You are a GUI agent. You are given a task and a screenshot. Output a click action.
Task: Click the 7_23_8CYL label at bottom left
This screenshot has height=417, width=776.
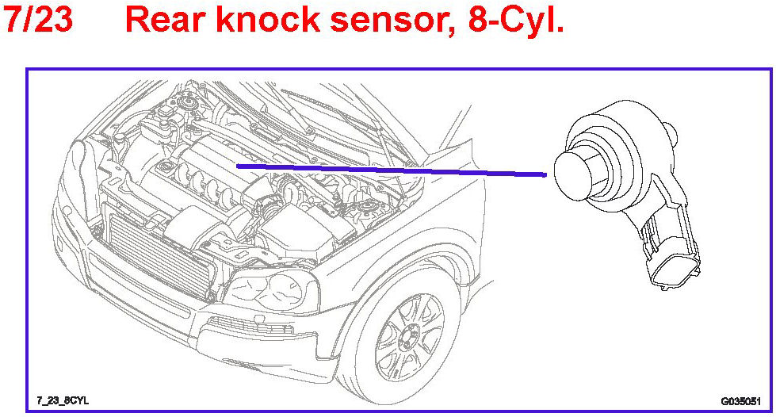(x=63, y=401)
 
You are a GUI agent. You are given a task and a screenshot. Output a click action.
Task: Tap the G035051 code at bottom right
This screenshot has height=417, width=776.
(x=740, y=401)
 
